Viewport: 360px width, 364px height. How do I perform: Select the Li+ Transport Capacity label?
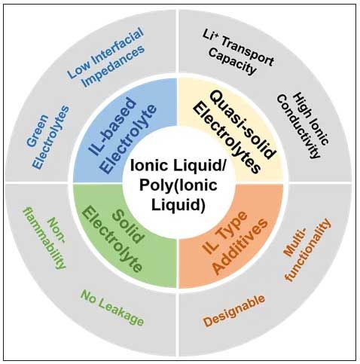click(x=237, y=52)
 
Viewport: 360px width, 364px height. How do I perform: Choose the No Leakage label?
click(x=112, y=308)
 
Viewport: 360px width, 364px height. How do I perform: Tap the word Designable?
click(x=234, y=311)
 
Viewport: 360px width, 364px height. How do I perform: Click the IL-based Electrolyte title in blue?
click(x=122, y=136)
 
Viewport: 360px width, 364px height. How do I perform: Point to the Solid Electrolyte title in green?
click(x=114, y=238)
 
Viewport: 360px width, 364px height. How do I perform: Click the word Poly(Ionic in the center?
click(x=178, y=185)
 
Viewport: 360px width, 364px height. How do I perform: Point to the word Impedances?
click(x=114, y=66)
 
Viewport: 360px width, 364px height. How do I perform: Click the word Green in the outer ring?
click(x=38, y=130)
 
